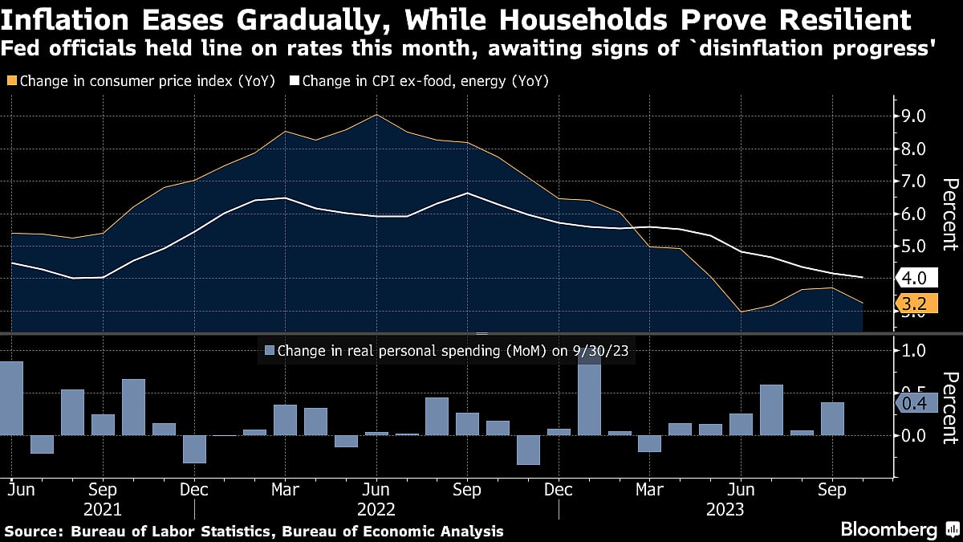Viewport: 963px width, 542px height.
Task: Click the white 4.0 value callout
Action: (916, 279)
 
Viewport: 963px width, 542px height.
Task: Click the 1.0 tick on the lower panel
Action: (915, 351)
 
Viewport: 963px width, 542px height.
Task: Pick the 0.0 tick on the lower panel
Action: (915, 435)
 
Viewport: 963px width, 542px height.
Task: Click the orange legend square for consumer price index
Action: (10, 81)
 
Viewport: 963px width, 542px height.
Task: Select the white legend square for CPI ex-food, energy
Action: (295, 81)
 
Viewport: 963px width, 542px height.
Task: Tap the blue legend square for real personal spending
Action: (270, 350)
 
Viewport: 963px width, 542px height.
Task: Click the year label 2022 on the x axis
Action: (376, 509)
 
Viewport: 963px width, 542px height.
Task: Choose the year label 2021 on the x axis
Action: (103, 509)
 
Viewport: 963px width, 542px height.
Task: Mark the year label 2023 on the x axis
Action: (725, 509)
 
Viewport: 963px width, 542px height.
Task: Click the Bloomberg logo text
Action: (888, 529)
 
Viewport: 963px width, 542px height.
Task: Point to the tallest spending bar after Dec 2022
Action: (589, 393)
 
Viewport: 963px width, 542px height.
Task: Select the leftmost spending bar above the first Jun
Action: (11, 398)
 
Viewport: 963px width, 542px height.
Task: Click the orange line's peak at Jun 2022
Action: (376, 115)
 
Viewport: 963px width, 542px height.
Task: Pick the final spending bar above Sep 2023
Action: (832, 418)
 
